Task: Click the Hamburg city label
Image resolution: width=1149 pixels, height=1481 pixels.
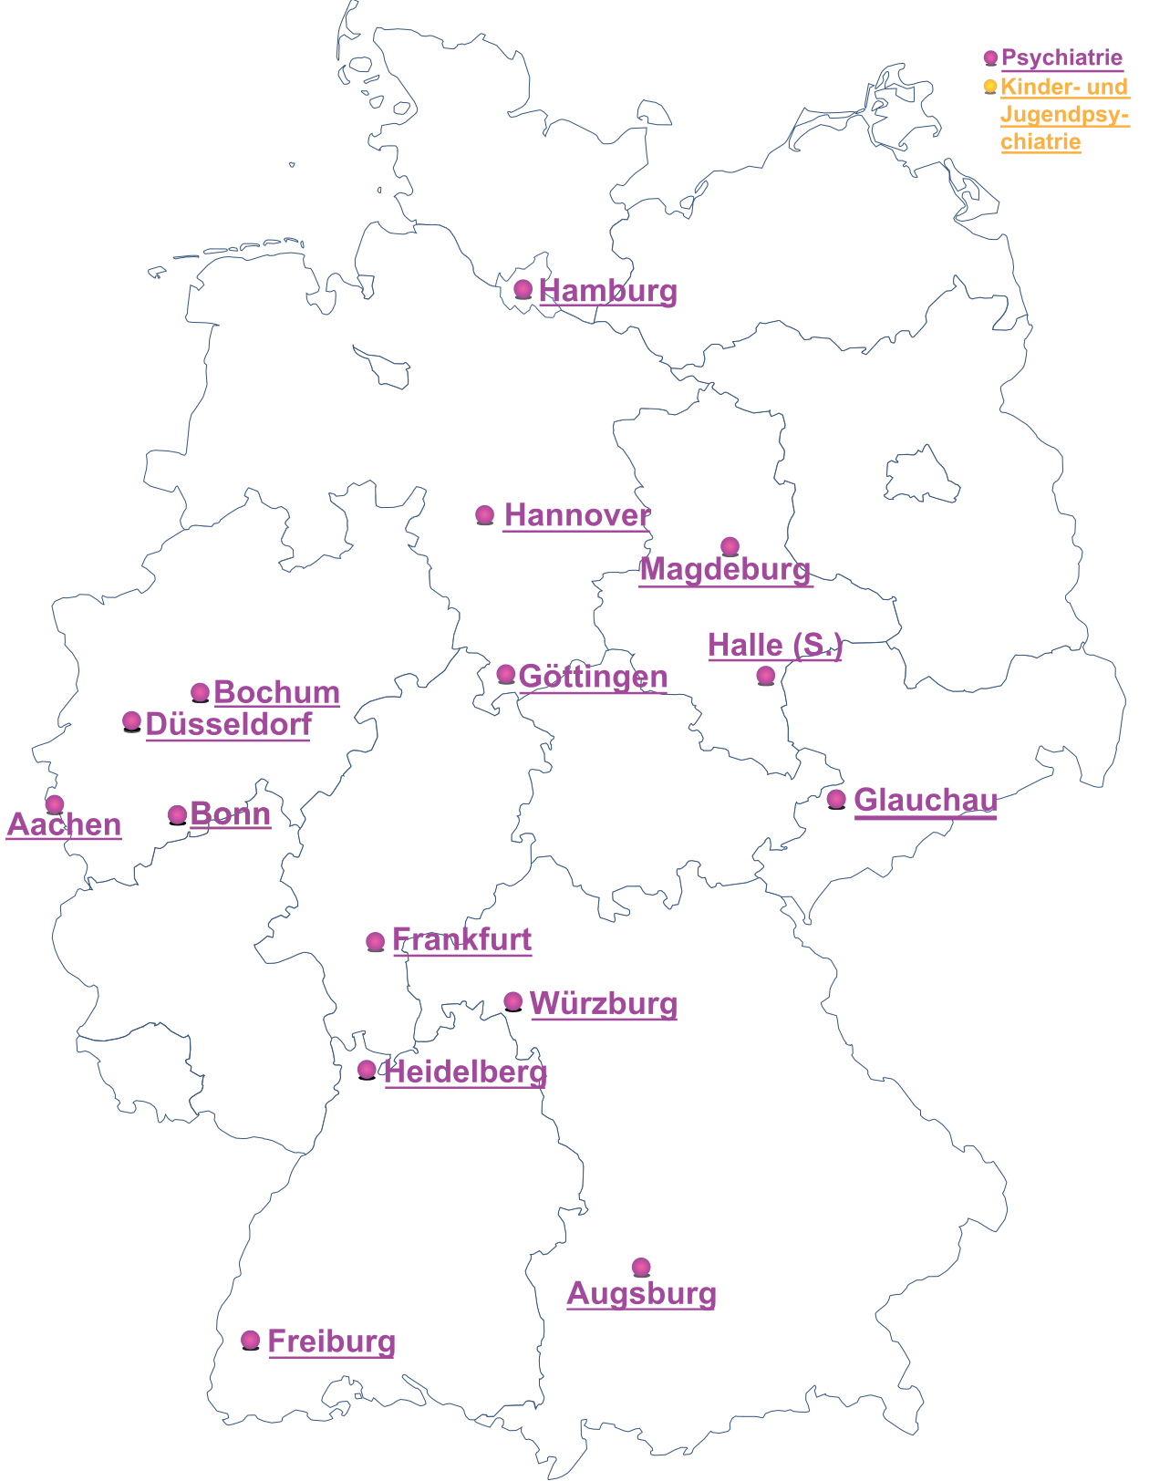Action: (607, 291)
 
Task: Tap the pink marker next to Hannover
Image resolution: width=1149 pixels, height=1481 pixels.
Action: (485, 515)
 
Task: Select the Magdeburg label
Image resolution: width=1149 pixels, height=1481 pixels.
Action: (725, 569)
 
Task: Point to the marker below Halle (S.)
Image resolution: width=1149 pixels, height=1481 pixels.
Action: (766, 676)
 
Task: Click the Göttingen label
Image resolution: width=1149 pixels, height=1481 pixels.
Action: (593, 677)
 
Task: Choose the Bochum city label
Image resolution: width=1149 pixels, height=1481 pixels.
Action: (276, 692)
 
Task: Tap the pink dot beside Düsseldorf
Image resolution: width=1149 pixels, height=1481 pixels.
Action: (132, 721)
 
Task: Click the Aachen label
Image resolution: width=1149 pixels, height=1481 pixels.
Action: (64, 824)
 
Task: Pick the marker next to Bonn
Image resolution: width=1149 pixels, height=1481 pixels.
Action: (178, 814)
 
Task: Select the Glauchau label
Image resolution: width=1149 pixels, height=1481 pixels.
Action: (926, 800)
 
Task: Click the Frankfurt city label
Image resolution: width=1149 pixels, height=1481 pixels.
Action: (461, 939)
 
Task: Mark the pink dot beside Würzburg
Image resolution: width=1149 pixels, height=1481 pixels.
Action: (513, 1001)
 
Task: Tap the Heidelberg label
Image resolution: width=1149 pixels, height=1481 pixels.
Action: (465, 1072)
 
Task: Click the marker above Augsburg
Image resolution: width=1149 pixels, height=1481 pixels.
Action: (641, 1267)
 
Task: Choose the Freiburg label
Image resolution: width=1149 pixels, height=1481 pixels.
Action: (331, 1341)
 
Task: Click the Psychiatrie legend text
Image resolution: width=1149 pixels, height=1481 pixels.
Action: (1061, 57)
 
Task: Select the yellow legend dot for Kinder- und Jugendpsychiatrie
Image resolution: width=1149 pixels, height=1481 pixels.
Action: (990, 87)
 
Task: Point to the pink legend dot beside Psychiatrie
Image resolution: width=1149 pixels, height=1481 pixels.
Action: (990, 57)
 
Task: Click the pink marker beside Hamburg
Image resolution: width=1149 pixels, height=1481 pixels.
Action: (523, 289)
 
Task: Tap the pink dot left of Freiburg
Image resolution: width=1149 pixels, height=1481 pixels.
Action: (251, 1340)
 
